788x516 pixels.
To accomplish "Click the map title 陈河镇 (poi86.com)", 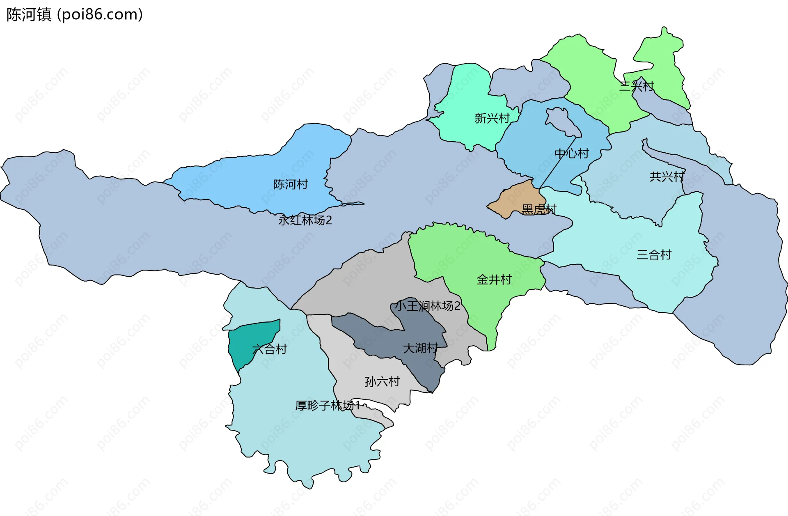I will [x=74, y=14].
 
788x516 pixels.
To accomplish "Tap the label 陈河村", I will [x=291, y=184].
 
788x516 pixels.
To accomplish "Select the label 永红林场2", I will [x=305, y=220].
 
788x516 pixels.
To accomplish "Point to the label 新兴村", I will [x=492, y=118].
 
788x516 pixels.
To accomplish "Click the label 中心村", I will [x=571, y=154].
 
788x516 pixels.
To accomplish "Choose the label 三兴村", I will [x=636, y=86].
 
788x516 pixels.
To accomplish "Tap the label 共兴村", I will [x=667, y=177].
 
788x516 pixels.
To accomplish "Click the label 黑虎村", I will [x=539, y=209].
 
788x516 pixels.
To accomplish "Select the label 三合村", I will [x=654, y=255].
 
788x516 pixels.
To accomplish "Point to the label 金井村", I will [x=494, y=280].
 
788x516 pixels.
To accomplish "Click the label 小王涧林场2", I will [x=427, y=306].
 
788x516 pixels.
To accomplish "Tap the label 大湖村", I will [x=420, y=348].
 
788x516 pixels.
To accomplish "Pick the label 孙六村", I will [x=382, y=381].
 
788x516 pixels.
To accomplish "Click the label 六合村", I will [x=269, y=349].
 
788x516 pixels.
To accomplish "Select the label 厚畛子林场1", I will [x=328, y=406].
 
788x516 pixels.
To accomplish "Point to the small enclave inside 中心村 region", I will [x=562, y=121].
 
